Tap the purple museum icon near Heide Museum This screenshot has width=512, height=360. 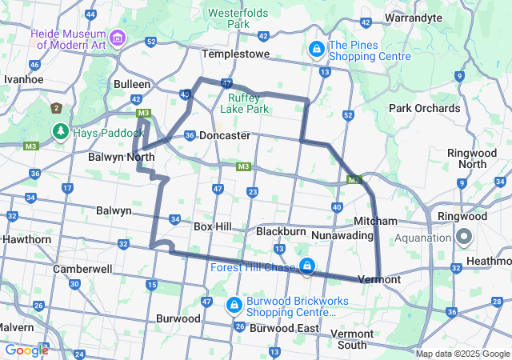click(x=118, y=38)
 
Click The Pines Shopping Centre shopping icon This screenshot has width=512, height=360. click(x=318, y=50)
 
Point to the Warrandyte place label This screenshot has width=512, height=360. click(x=414, y=17)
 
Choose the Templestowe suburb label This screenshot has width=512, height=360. click(x=232, y=54)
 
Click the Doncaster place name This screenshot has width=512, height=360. click(x=225, y=136)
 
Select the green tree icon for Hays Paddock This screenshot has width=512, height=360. click(x=60, y=130)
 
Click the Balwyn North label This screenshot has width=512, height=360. click(x=122, y=158)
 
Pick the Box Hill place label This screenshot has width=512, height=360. click(x=213, y=226)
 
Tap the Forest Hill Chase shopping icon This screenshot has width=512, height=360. click(x=307, y=266)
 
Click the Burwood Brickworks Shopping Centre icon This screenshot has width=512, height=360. click(x=234, y=305)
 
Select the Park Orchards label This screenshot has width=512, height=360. click(x=425, y=108)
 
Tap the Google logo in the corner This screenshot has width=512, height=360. click(x=26, y=350)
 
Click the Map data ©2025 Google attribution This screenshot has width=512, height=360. click(x=462, y=354)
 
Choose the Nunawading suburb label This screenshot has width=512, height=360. click(x=342, y=235)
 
